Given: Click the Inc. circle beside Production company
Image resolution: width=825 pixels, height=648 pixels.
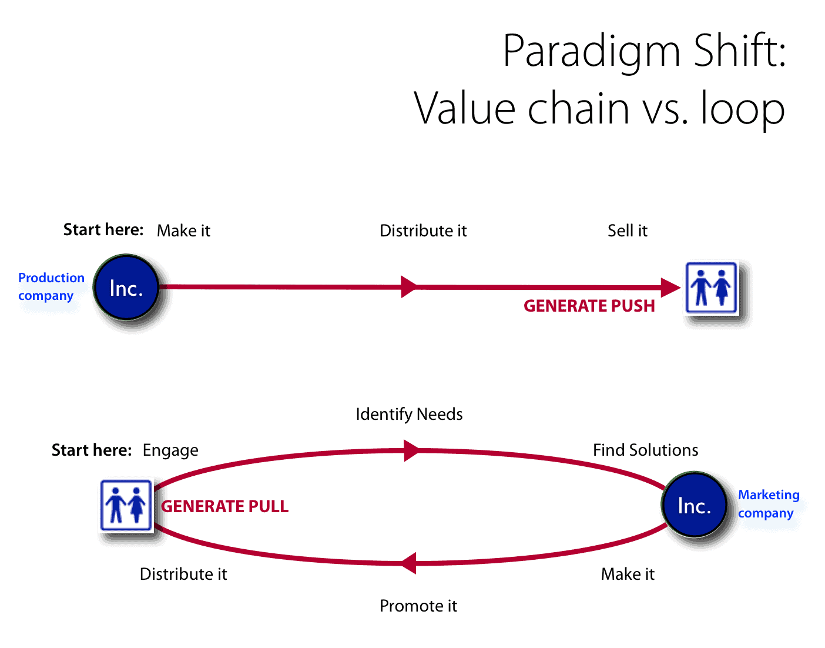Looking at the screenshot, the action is pyautogui.click(x=126, y=287).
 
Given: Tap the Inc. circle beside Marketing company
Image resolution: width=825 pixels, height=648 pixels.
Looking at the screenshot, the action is pyautogui.click(x=694, y=505).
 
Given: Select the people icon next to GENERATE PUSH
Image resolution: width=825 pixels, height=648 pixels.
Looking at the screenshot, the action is pyautogui.click(x=711, y=288).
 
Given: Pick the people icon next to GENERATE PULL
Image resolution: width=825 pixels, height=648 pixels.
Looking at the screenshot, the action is pyautogui.click(x=126, y=505).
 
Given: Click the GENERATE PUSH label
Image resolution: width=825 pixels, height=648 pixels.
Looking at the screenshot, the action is pyautogui.click(x=589, y=306).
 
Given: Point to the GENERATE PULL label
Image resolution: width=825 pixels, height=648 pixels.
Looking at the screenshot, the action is pyautogui.click(x=224, y=506).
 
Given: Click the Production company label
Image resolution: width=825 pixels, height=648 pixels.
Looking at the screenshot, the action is pyautogui.click(x=51, y=287).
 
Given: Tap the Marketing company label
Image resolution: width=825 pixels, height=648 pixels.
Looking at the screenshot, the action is pyautogui.click(x=769, y=504).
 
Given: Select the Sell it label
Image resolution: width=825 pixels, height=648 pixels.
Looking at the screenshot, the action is pyautogui.click(x=627, y=231).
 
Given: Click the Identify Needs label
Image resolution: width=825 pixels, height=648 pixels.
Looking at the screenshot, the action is pyautogui.click(x=410, y=415).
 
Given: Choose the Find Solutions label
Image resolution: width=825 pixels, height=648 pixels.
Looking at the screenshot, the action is pyautogui.click(x=645, y=450).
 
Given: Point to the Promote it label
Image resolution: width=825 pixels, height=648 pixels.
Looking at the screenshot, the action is pyautogui.click(x=418, y=606).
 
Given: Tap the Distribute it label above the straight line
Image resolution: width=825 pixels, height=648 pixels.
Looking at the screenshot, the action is pyautogui.click(x=423, y=231).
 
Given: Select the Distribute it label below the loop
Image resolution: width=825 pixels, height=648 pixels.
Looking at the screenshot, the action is pyautogui.click(x=183, y=574).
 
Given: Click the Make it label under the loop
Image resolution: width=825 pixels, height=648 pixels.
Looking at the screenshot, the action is pyautogui.click(x=628, y=574).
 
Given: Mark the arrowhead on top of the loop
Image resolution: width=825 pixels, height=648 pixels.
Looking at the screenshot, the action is pyautogui.click(x=411, y=450).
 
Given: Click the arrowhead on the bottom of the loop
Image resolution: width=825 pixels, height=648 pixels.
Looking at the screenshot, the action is pyautogui.click(x=408, y=563).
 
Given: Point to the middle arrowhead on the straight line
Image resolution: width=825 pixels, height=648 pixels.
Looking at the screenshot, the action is pyautogui.click(x=409, y=287).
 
